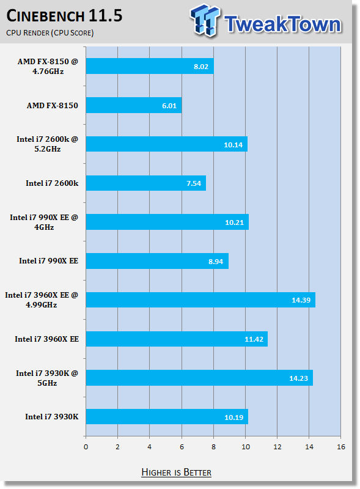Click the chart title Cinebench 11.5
pyautogui.click(x=64, y=16)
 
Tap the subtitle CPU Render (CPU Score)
pyautogui.click(x=50, y=33)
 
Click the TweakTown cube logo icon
pyautogui.click(x=205, y=20)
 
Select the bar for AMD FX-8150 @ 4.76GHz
pyautogui.click(x=150, y=66)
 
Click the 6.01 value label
pyautogui.click(x=169, y=106)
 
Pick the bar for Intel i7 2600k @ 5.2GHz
pyautogui.click(x=167, y=144)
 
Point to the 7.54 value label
pyautogui.click(x=194, y=183)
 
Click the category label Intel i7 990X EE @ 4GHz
pyautogui.click(x=44, y=222)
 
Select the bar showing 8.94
pyautogui.click(x=157, y=261)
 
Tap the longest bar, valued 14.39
pyautogui.click(x=200, y=300)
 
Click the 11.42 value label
pyautogui.click(x=254, y=339)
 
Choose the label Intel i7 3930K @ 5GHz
pyautogui.click(x=47, y=378)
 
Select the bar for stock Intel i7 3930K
pyautogui.click(x=167, y=417)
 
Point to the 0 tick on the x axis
pyautogui.click(x=86, y=447)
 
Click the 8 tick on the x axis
pyautogui.click(x=213, y=447)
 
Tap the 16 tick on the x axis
pyautogui.click(x=341, y=447)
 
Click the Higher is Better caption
pyautogui.click(x=176, y=472)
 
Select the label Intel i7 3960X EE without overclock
pyautogui.click(x=47, y=339)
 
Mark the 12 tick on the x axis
pyautogui.click(x=277, y=447)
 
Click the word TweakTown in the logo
pyautogui.click(x=282, y=24)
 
